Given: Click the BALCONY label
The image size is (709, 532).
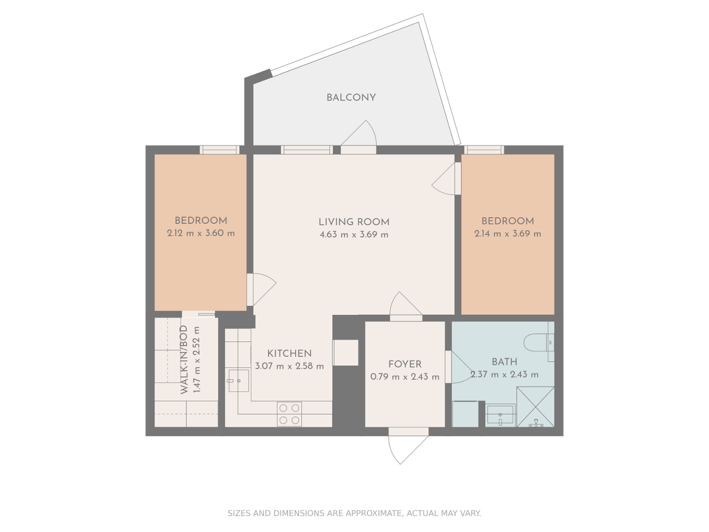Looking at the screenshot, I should [x=351, y=98].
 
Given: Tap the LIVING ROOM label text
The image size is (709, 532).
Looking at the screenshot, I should [x=354, y=222].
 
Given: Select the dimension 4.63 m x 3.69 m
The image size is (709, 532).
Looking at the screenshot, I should [x=354, y=234].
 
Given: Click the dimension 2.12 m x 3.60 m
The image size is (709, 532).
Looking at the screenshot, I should [x=201, y=233].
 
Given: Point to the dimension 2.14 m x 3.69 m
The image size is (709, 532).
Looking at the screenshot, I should [x=507, y=234].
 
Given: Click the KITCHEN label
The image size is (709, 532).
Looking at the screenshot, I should [x=289, y=354].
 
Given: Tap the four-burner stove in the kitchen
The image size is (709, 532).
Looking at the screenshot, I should [x=289, y=414].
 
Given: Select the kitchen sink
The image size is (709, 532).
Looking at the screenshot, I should [x=239, y=381].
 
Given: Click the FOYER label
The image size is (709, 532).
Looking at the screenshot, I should [x=405, y=364].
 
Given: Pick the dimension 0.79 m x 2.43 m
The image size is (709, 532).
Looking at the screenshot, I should [x=405, y=377].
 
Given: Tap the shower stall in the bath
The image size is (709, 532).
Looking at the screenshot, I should [x=535, y=407].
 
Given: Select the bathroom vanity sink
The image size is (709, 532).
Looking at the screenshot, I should [x=500, y=415].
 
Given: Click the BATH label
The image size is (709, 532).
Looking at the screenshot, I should [x=505, y=362].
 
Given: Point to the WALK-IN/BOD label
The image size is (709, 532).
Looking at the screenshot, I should [x=184, y=360].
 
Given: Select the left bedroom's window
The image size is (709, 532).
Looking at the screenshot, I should [x=219, y=150].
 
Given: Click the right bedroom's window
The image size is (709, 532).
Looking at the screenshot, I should [x=484, y=150].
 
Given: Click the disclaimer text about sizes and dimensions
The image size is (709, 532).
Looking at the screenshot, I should [x=354, y=513].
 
